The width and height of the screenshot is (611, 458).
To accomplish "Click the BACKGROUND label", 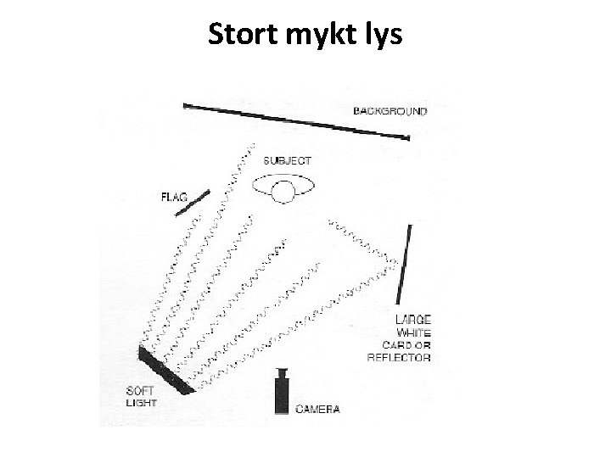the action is click(x=390, y=111).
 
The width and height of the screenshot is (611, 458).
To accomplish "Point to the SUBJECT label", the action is click(x=287, y=160).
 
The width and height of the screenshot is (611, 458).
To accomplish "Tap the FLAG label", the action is click(x=176, y=198).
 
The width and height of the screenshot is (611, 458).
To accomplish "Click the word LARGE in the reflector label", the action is click(x=413, y=320).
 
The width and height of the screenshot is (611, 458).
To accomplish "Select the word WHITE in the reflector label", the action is click(x=413, y=332).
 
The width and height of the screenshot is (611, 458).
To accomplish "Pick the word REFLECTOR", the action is click(x=398, y=357).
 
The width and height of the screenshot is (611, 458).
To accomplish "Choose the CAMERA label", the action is click(x=317, y=409).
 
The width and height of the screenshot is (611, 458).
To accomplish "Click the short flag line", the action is click(x=193, y=203).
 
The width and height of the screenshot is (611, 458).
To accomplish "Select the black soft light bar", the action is click(x=165, y=371).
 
